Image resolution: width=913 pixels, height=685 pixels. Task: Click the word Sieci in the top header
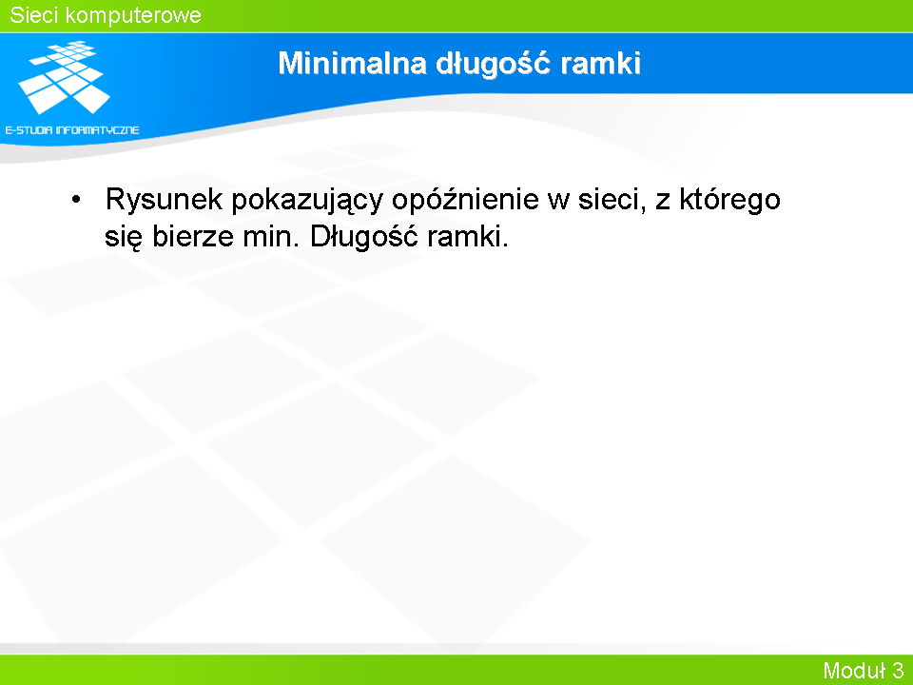(x=34, y=15)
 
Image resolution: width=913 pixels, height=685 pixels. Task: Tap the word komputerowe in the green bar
(x=133, y=16)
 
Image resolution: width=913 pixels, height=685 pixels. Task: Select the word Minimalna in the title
(x=352, y=63)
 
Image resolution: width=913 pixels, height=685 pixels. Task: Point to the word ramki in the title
(x=600, y=63)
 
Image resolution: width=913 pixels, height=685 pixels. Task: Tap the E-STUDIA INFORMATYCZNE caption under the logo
(x=72, y=130)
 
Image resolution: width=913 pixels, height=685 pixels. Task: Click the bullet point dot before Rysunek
(x=76, y=200)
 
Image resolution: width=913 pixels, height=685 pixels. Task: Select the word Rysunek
(x=164, y=200)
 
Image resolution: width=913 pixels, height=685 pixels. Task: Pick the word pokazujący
(x=307, y=202)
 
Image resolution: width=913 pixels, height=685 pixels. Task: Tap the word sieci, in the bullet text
(x=612, y=200)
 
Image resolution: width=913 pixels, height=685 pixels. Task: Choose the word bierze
(x=193, y=237)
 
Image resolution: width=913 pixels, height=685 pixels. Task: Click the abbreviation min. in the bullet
(x=272, y=237)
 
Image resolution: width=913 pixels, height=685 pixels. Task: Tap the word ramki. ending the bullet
(x=468, y=237)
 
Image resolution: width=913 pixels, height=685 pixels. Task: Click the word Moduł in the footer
(x=854, y=670)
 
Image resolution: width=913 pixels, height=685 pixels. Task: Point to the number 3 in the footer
(x=897, y=670)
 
